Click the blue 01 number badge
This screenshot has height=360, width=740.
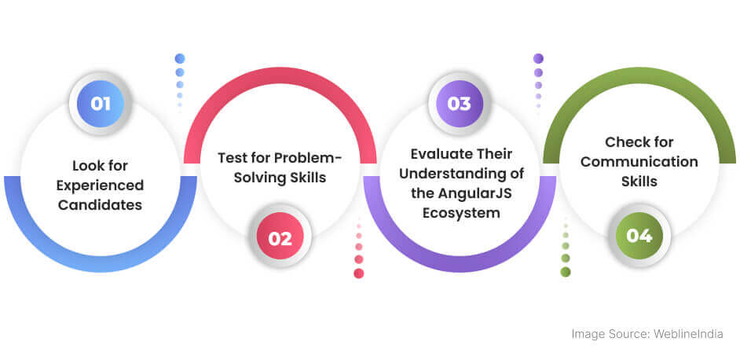(101, 104)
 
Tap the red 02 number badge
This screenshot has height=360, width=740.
(280, 239)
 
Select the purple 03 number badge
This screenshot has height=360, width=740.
(460, 104)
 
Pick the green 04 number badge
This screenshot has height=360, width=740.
(639, 235)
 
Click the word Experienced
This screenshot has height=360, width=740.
(100, 186)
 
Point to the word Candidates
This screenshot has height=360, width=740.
(100, 204)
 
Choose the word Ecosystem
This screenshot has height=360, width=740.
(461, 213)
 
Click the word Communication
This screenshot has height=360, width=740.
(639, 162)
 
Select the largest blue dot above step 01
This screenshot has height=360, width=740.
(179, 59)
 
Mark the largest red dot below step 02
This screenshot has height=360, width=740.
(359, 273)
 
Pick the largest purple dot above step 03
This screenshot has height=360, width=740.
(538, 59)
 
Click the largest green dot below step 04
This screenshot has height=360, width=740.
(566, 272)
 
